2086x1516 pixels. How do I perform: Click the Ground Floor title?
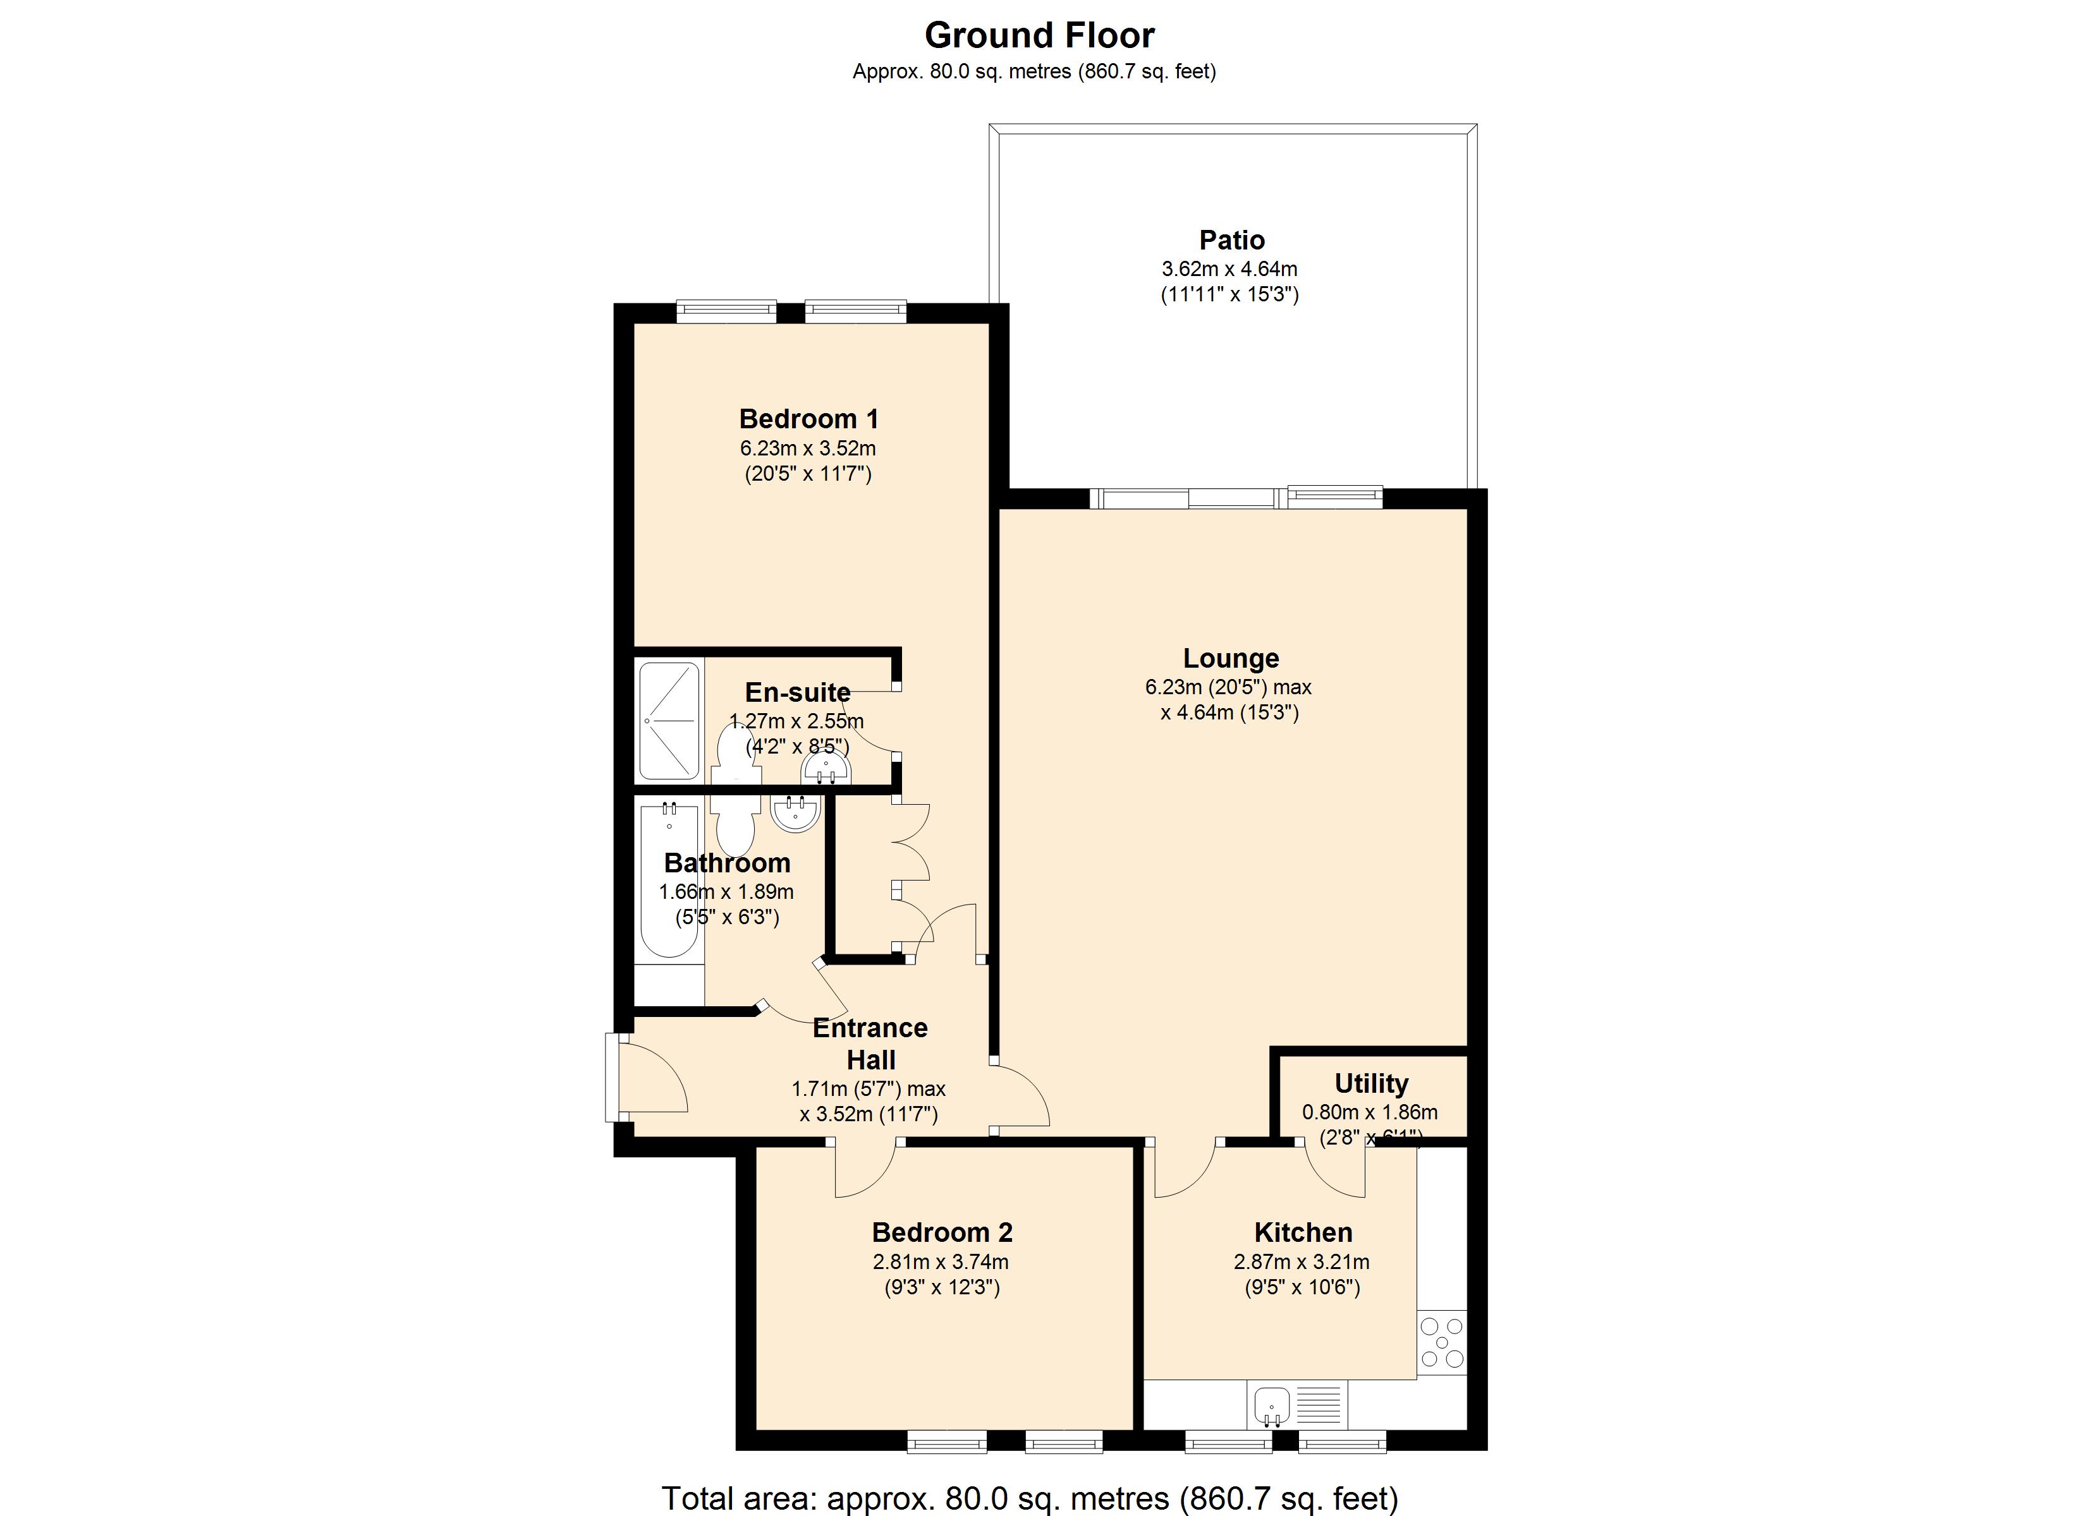1039,35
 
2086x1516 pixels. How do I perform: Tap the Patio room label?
1231,240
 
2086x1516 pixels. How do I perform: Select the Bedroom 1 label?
808,419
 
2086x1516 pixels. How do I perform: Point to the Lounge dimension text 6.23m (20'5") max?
1228,687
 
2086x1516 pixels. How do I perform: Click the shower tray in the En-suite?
669,721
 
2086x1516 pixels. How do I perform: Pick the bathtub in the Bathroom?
669,880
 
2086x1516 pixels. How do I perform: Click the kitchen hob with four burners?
1441,1343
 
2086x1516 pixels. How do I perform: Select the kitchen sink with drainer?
1297,1405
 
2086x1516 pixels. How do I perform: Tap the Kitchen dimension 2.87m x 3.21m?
1302,1262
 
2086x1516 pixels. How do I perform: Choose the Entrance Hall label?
870,1044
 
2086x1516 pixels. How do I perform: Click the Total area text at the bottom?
1030,1498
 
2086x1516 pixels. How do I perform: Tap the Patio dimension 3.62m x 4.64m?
1229,269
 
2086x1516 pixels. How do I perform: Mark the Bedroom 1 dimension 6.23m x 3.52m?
808,448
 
